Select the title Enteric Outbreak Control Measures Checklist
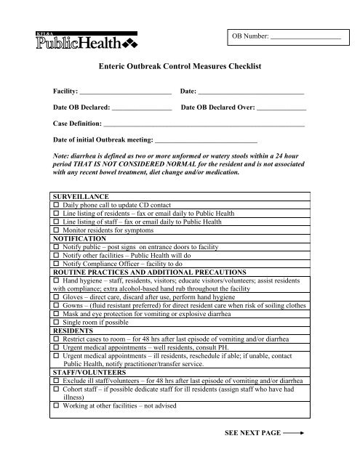pyautogui.click(x=179, y=66)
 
